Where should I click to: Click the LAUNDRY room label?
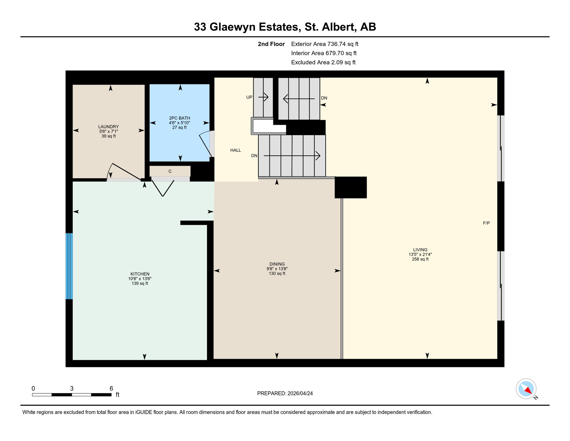click(108, 127)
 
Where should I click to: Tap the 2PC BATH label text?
click(179, 118)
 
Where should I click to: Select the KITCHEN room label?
click(140, 274)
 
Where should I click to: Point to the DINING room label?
click(277, 264)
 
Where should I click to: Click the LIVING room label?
click(420, 250)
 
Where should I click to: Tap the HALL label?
click(236, 150)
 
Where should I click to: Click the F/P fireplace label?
click(486, 223)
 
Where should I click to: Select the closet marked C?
click(170, 171)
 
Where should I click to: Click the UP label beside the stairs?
click(249, 97)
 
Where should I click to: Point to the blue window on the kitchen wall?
click(69, 266)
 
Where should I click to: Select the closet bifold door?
click(163, 188)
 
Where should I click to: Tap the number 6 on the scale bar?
click(111, 388)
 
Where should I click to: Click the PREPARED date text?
click(285, 393)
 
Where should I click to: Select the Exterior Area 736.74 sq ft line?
click(325, 44)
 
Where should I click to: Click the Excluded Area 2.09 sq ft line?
click(323, 62)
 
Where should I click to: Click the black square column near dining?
click(351, 187)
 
